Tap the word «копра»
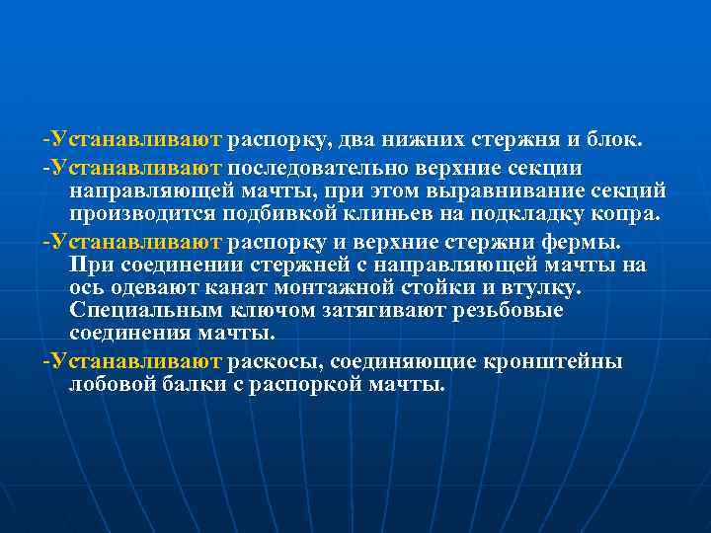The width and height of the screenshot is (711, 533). [x=605, y=213]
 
